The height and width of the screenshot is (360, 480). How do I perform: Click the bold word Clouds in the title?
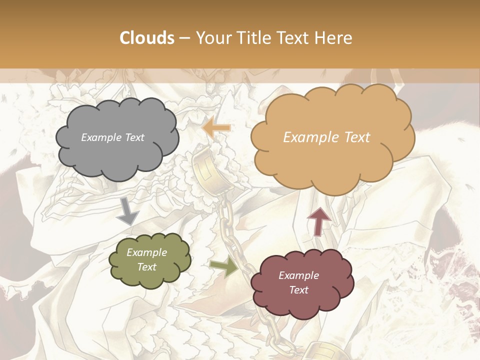pyautogui.click(x=147, y=38)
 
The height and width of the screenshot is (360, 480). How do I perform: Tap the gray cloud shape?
pyautogui.click(x=117, y=138)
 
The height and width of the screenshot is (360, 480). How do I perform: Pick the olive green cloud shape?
pyautogui.click(x=149, y=260)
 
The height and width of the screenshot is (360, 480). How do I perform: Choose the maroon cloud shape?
pyautogui.click(x=301, y=283)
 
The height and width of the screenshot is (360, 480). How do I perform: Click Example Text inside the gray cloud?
pyautogui.click(x=112, y=137)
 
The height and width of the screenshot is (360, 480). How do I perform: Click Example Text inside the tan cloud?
pyautogui.click(x=326, y=137)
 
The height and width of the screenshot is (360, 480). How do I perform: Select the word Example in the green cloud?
pyautogui.click(x=146, y=252)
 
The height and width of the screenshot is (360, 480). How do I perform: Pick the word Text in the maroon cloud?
pyautogui.click(x=298, y=290)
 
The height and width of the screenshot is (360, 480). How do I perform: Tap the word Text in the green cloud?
pyautogui.click(x=146, y=267)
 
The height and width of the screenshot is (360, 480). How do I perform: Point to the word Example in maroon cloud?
pyautogui.click(x=298, y=275)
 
